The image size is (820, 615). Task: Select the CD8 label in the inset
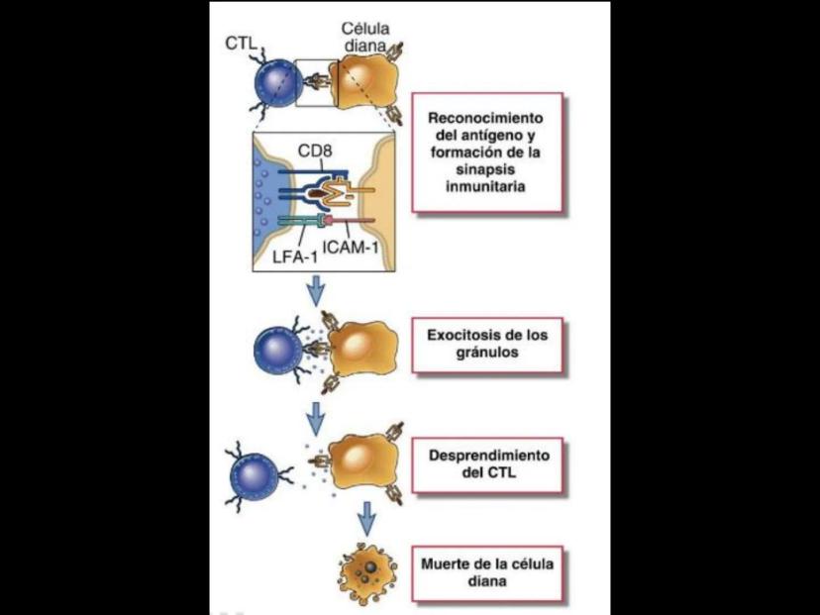click(x=317, y=153)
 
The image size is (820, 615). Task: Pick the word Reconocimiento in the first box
click(x=487, y=117)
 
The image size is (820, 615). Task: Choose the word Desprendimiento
click(x=487, y=457)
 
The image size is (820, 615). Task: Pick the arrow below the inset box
click(x=316, y=289)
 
